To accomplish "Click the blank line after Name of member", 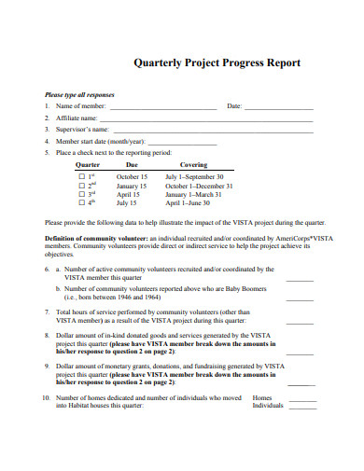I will tap(162, 107).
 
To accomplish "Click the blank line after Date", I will tap(279, 107).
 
